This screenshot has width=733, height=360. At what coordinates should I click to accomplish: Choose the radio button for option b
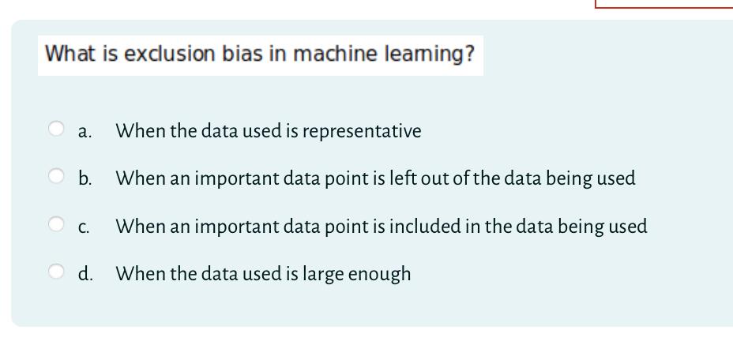tap(56, 176)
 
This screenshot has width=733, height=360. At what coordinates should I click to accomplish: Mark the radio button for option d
tap(56, 272)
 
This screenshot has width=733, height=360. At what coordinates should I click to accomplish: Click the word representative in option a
tap(362, 131)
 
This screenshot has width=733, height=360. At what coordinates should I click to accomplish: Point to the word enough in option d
tap(379, 275)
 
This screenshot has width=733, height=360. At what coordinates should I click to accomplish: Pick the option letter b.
tap(85, 178)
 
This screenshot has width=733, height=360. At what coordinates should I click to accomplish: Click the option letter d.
tap(85, 274)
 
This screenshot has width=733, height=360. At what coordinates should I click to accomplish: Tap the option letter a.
tap(84, 132)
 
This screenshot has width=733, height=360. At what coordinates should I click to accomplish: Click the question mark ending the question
tap(470, 54)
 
